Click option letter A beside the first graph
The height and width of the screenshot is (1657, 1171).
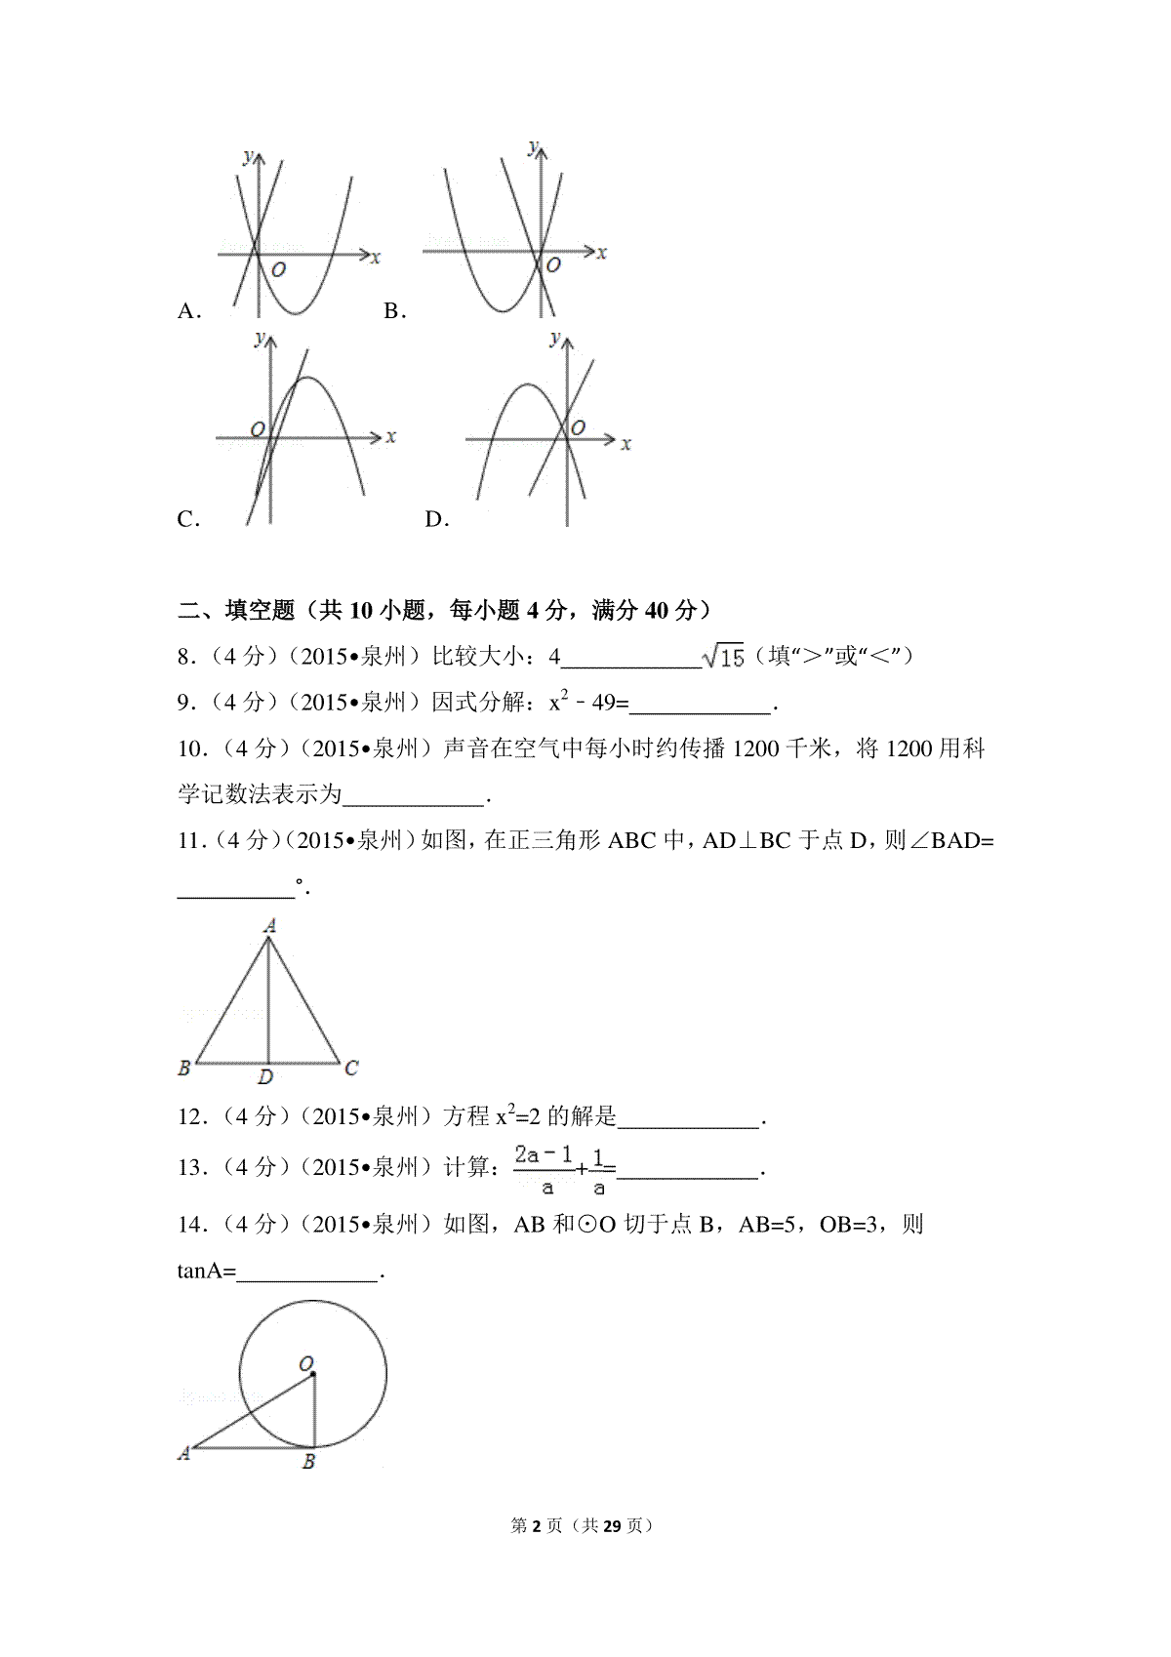click(188, 311)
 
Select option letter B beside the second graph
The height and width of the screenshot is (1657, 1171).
click(393, 311)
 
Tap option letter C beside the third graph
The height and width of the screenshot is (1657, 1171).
click(188, 520)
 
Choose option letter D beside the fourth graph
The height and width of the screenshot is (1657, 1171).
click(436, 520)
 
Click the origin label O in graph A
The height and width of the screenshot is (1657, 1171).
click(278, 269)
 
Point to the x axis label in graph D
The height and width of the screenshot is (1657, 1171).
click(626, 444)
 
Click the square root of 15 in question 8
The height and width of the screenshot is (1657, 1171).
click(724, 657)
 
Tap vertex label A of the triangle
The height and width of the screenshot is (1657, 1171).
click(270, 925)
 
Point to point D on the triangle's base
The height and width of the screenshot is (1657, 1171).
click(265, 1077)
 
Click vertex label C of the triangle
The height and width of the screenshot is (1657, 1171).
click(351, 1069)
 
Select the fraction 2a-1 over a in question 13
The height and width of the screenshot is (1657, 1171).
click(545, 1169)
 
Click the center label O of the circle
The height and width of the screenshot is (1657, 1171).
click(305, 1362)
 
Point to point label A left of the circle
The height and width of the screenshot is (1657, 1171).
click(183, 1454)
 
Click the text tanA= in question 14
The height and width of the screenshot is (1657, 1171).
click(207, 1272)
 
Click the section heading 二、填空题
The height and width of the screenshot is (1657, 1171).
click(236, 611)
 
